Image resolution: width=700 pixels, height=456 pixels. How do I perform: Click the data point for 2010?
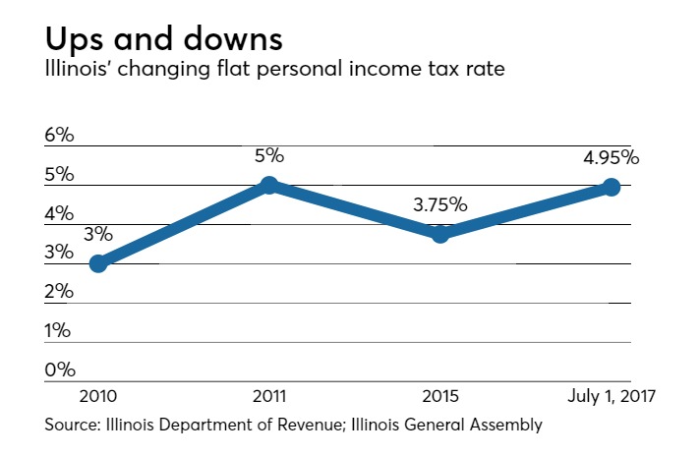(98, 263)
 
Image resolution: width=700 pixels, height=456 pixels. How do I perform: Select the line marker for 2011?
(269, 186)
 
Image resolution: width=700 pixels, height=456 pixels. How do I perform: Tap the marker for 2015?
(440, 234)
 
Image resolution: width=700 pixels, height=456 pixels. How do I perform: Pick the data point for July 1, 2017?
(611, 188)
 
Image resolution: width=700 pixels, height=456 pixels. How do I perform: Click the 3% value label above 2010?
(98, 235)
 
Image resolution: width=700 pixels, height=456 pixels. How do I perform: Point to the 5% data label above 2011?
(269, 155)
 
